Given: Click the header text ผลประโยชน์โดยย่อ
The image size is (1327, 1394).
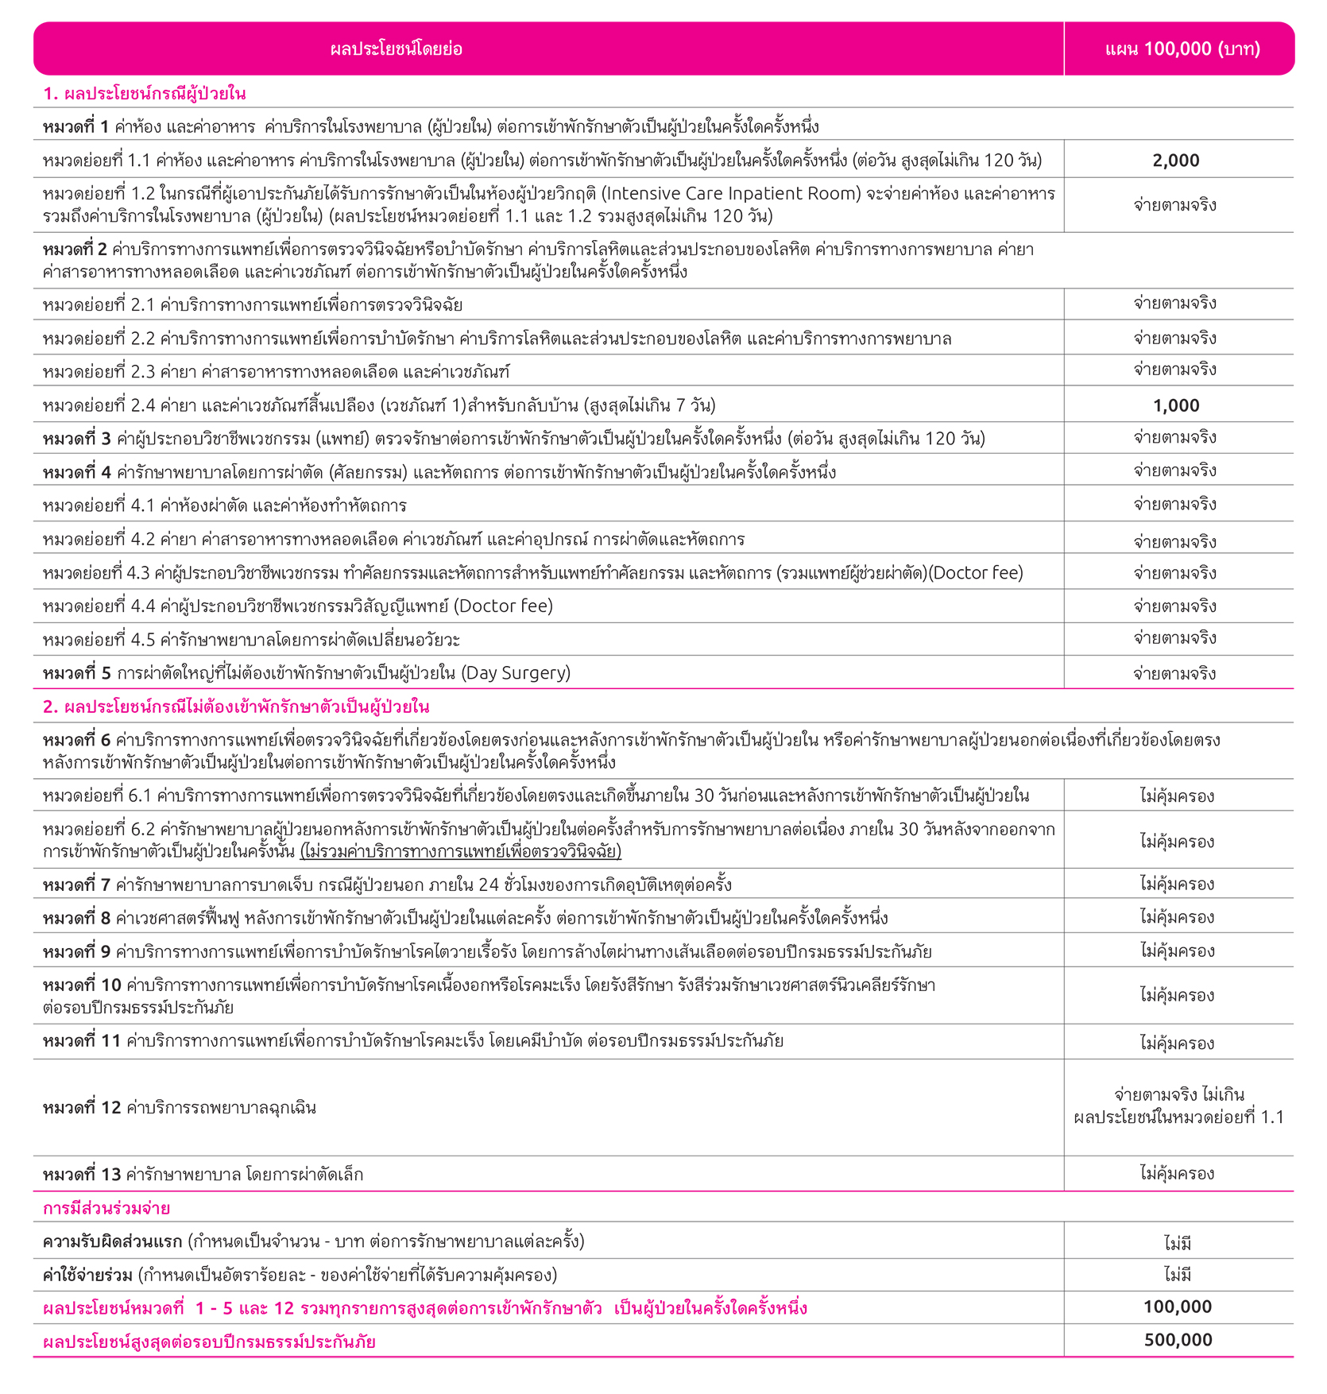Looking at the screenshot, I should coord(396,49).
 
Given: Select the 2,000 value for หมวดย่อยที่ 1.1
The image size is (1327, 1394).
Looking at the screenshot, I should coord(1176,161).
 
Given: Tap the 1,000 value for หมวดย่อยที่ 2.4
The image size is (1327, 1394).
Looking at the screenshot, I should coord(1176,405).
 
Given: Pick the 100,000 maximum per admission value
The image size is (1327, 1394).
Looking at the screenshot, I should coord(1178,1307).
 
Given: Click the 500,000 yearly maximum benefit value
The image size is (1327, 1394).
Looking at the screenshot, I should coord(1178,1340).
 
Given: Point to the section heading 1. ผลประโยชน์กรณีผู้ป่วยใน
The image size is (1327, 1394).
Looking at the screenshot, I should coord(144,94).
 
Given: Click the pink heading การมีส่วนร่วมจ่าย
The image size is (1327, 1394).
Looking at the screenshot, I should coord(106,1208).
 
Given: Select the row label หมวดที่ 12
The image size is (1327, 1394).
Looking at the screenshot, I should coord(82,1107).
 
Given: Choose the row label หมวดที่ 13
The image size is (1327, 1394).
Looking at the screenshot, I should coord(82,1174).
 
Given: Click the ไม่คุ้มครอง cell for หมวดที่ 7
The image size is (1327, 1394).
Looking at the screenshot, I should coord(1177,884).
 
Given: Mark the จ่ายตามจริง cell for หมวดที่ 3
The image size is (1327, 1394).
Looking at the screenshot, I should coord(1175,438).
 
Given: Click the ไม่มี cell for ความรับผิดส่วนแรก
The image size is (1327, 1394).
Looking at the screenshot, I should coord(1178,1242).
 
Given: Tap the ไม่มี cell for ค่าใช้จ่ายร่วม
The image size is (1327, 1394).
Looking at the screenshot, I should coord(1178,1275).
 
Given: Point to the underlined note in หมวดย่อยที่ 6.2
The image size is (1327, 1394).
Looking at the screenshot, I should coord(461,852).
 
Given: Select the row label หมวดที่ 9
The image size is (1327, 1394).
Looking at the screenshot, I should coord(77,951).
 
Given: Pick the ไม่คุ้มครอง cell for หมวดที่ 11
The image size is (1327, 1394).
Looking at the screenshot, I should coord(1177,1043).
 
